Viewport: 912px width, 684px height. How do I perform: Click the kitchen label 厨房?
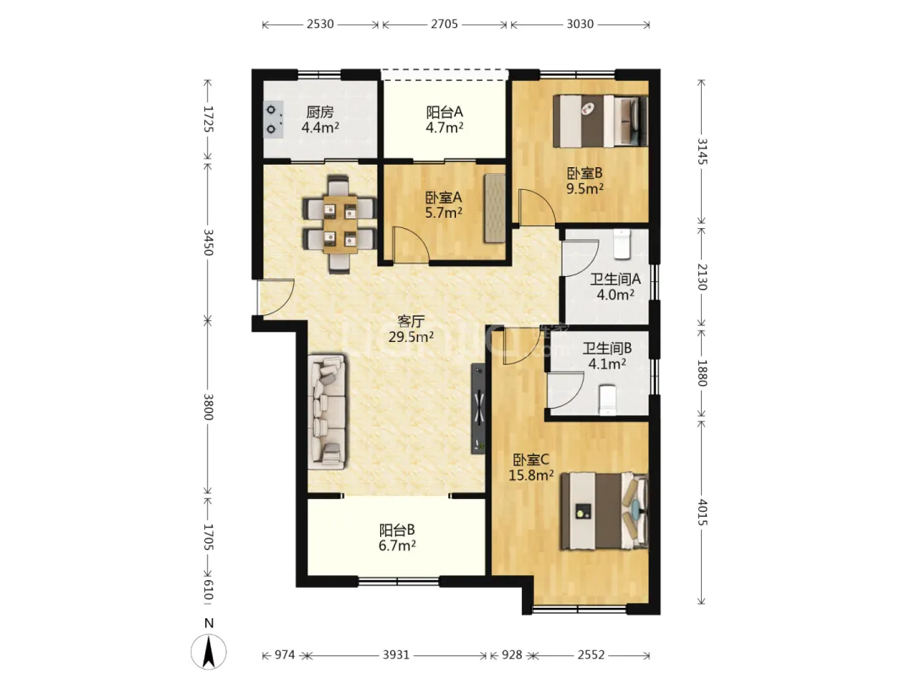click(320, 111)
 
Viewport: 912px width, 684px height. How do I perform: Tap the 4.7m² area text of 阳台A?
click(444, 128)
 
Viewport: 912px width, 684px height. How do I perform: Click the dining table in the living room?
click(339, 224)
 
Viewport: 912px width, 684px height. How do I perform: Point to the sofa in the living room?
click(328, 412)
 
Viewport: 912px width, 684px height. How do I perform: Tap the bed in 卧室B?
click(600, 121)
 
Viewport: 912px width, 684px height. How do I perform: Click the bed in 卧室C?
click(604, 511)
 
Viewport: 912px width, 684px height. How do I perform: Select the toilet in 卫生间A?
click(622, 244)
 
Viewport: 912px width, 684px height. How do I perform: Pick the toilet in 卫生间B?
click(607, 400)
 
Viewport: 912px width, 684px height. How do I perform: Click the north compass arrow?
click(209, 651)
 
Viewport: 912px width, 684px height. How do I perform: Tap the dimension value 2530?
click(321, 24)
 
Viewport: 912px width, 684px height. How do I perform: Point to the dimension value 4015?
click(702, 513)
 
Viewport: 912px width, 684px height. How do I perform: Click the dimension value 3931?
click(396, 655)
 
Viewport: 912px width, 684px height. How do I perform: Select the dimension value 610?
click(209, 589)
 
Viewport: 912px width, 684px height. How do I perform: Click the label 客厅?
click(411, 321)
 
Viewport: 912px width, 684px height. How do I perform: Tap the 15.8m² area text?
click(531, 475)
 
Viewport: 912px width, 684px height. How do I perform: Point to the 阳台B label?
click(397, 529)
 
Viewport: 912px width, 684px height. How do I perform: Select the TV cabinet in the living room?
click(478, 409)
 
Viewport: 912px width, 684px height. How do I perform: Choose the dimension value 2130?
click(702, 277)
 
